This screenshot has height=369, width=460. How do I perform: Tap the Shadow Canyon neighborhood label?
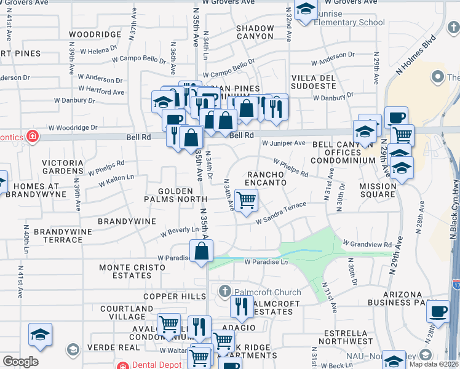pos(255,32)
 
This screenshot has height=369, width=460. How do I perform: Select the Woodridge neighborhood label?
pos(95,34)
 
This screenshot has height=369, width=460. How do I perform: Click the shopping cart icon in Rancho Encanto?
pos(246,200)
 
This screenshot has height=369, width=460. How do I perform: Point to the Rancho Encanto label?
pos(266,178)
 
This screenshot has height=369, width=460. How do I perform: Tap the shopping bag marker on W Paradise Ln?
pos(202,251)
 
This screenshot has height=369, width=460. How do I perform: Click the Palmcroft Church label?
pos(258,292)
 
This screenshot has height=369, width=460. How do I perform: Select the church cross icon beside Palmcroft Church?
pos(225,291)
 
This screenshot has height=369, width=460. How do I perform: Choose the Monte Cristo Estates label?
pos(133,272)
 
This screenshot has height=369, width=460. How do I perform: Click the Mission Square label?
pos(378,190)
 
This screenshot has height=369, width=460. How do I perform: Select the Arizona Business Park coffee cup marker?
pos(438,311)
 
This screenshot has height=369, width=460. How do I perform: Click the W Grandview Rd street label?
pos(367,244)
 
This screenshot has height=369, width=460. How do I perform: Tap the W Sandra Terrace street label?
pos(281,216)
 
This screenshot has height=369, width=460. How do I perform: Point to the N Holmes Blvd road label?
pos(418,53)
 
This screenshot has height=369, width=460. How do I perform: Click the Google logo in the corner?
pos(20,362)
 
